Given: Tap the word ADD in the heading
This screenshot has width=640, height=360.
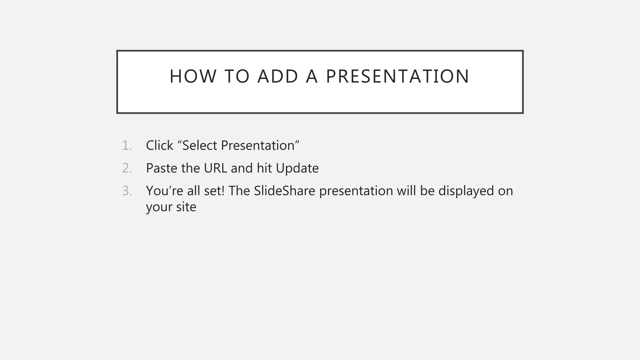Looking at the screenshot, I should point(278,76).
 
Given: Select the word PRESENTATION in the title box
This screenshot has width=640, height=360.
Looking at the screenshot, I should point(397,76).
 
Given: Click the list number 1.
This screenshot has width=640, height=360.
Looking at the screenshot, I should point(127,146).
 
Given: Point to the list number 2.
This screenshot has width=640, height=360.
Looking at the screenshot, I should point(127,168).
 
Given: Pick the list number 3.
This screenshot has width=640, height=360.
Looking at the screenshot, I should point(127,191).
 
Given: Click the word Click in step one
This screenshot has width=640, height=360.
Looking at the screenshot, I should point(159,146).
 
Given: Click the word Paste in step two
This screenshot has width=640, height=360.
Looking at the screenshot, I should point(162,168).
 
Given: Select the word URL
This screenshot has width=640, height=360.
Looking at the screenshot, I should point(215,168).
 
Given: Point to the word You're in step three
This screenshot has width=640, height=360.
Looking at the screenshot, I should point(164,191).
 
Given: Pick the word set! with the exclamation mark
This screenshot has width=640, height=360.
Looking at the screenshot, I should point(214,191).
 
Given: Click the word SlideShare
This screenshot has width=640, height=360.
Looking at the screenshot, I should point(284,191).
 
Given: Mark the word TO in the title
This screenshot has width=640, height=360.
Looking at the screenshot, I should point(237,76).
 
